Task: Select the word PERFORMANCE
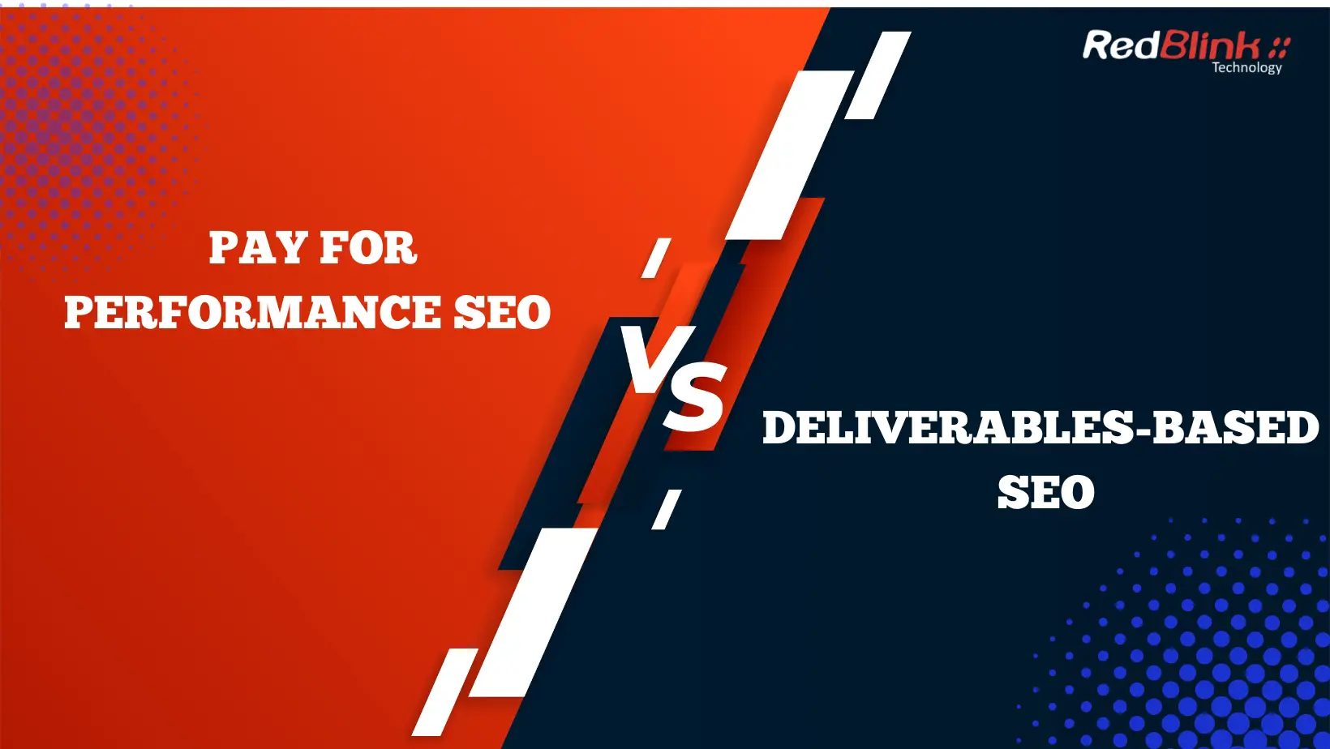pos(251,313)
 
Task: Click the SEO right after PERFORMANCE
pos(502,313)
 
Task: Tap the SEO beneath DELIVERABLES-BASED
pos(1046,493)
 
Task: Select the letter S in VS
pos(695,397)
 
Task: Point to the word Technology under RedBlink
pos(1246,68)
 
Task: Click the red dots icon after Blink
pos(1280,46)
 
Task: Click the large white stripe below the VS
pos(534,613)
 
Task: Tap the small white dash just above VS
pos(656,258)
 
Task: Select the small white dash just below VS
pos(667,510)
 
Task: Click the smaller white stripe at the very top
pos(878,75)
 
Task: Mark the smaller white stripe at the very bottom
pos(445,691)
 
